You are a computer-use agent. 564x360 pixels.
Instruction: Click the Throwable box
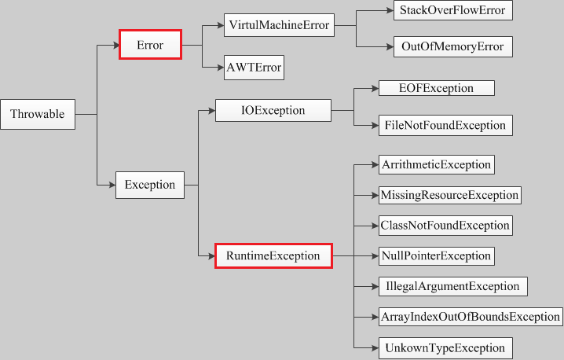tap(37, 115)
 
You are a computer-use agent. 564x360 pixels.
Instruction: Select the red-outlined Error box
tap(150, 45)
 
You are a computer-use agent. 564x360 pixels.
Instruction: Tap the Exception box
tap(150, 185)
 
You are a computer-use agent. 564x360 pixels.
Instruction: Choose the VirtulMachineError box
tap(278, 26)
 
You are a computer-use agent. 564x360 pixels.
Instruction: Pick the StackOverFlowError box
tap(453, 10)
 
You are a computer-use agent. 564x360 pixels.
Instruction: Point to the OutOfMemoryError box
tap(453, 46)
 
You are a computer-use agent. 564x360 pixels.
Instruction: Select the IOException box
tap(273, 111)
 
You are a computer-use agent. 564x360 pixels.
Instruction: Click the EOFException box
tap(436, 88)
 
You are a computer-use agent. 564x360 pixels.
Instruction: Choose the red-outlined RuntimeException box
tap(273, 255)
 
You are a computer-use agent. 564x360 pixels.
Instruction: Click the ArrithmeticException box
tap(436, 164)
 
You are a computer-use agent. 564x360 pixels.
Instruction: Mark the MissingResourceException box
tap(449, 195)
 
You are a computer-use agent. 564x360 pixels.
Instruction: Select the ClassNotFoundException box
tap(445, 225)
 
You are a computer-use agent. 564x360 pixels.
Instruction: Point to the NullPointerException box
tap(436, 255)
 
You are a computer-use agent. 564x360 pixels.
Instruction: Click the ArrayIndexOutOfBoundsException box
tap(471, 317)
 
